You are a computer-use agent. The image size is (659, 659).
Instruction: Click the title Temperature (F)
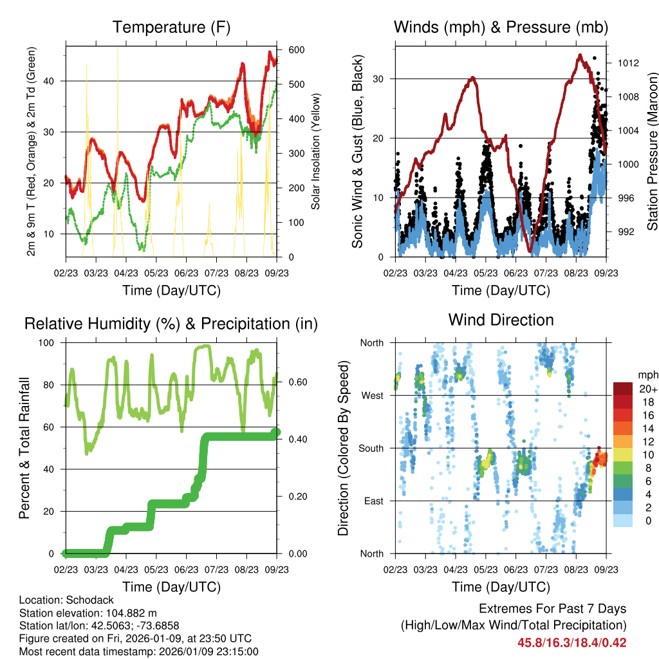[171, 27]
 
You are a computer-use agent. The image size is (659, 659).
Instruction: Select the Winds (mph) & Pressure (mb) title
[501, 27]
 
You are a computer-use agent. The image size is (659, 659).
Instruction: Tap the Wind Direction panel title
[501, 320]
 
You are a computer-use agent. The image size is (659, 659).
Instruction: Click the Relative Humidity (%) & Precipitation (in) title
[171, 324]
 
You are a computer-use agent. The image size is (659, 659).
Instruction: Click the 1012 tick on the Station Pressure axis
[628, 63]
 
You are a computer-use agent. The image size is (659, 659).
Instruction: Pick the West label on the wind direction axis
[371, 395]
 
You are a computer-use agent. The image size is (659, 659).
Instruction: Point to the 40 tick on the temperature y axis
[56, 80]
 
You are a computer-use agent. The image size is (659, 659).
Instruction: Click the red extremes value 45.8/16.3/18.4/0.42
[571, 642]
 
